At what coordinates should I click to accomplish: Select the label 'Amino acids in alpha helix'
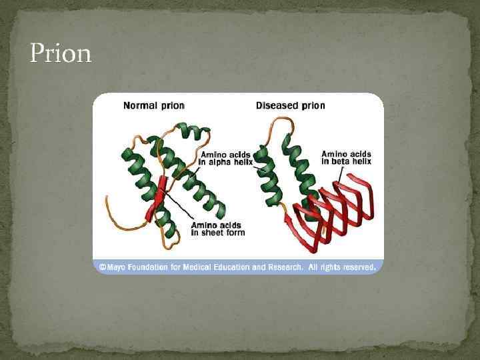(227, 159)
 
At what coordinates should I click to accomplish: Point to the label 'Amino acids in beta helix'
(346, 157)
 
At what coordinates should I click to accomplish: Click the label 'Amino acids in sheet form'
(217, 229)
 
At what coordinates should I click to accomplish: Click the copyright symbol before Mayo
(103, 267)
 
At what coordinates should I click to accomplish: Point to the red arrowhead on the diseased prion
(289, 214)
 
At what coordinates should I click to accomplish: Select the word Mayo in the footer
(117, 267)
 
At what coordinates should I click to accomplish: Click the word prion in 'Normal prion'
(172, 105)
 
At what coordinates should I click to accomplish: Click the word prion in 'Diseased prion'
(313, 105)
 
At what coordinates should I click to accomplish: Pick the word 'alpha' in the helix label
(224, 163)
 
